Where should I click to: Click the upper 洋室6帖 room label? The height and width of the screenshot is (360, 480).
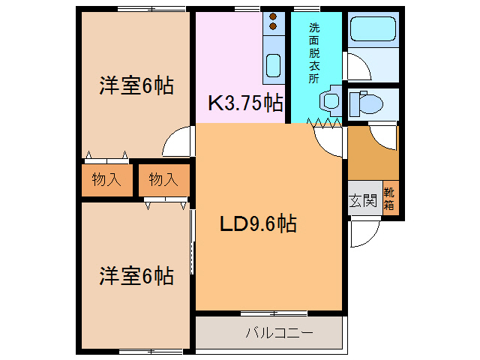click(136, 86)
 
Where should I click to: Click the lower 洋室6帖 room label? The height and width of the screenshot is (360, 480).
click(136, 276)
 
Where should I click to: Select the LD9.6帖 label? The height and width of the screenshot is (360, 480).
click(257, 223)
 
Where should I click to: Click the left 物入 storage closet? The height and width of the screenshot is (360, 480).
click(106, 180)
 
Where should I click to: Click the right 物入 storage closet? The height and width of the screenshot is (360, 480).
click(162, 180)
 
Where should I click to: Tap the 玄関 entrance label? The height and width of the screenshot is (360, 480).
click(363, 200)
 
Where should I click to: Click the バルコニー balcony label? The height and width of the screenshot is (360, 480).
click(278, 331)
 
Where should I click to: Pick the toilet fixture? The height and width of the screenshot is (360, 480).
click(367, 102)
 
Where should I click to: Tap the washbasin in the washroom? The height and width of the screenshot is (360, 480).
click(327, 101)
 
